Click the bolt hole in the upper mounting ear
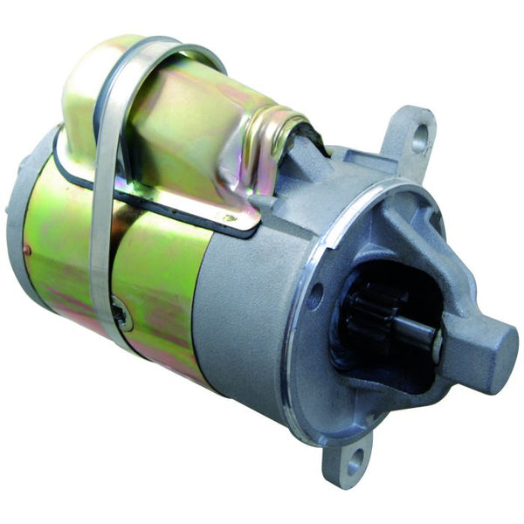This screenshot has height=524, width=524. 421,135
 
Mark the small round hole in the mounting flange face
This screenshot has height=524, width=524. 315,295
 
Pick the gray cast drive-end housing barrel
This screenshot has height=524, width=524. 240,323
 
